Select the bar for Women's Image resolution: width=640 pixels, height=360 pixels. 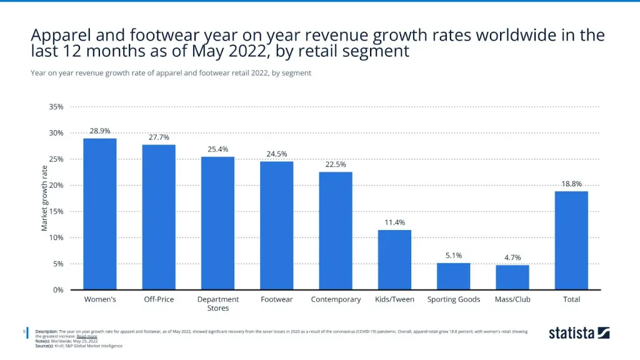pyautogui.click(x=100, y=214)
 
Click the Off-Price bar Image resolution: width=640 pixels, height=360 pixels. pyautogui.click(x=159, y=217)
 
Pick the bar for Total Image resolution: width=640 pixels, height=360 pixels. pyautogui.click(x=571, y=241)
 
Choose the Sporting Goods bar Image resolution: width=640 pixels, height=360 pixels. pyautogui.click(x=453, y=276)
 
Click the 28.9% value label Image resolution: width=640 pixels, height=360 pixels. pyautogui.click(x=100, y=131)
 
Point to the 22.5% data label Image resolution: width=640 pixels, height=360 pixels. pyautogui.click(x=336, y=164)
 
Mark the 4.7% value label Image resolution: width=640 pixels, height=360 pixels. pyautogui.click(x=512, y=257)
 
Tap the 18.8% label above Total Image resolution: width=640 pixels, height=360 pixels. pyautogui.click(x=571, y=184)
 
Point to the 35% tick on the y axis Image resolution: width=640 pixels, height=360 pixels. pyautogui.click(x=56, y=107)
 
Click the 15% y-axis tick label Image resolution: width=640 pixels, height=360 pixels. pyautogui.click(x=56, y=211)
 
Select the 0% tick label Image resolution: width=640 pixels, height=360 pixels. pyautogui.click(x=57, y=290)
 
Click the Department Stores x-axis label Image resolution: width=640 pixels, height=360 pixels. pyautogui.click(x=218, y=304)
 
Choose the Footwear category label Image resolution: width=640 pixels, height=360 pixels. pyautogui.click(x=276, y=299)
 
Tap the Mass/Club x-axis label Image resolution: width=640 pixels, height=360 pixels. pyautogui.click(x=512, y=299)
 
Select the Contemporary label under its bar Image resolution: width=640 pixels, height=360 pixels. pyautogui.click(x=336, y=299)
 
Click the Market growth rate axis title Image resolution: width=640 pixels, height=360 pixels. pyautogui.click(x=45, y=198)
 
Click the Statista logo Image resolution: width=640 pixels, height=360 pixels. pyautogui.click(x=579, y=333)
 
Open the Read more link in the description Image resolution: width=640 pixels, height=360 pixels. pyautogui.click(x=87, y=336)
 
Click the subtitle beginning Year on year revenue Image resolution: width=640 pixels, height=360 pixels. pyautogui.click(x=171, y=73)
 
